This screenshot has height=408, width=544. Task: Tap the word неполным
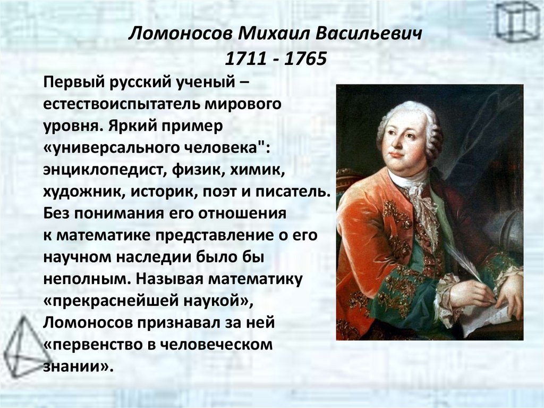[x=81, y=278]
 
